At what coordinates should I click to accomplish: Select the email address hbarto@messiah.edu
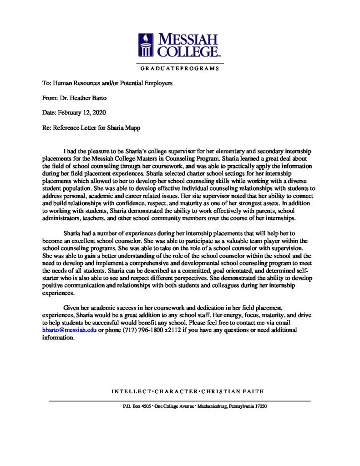(x=66, y=330)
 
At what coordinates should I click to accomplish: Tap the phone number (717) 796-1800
(x=137, y=330)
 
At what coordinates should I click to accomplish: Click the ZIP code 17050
(x=260, y=406)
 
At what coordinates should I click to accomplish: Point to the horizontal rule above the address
(x=180, y=400)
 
